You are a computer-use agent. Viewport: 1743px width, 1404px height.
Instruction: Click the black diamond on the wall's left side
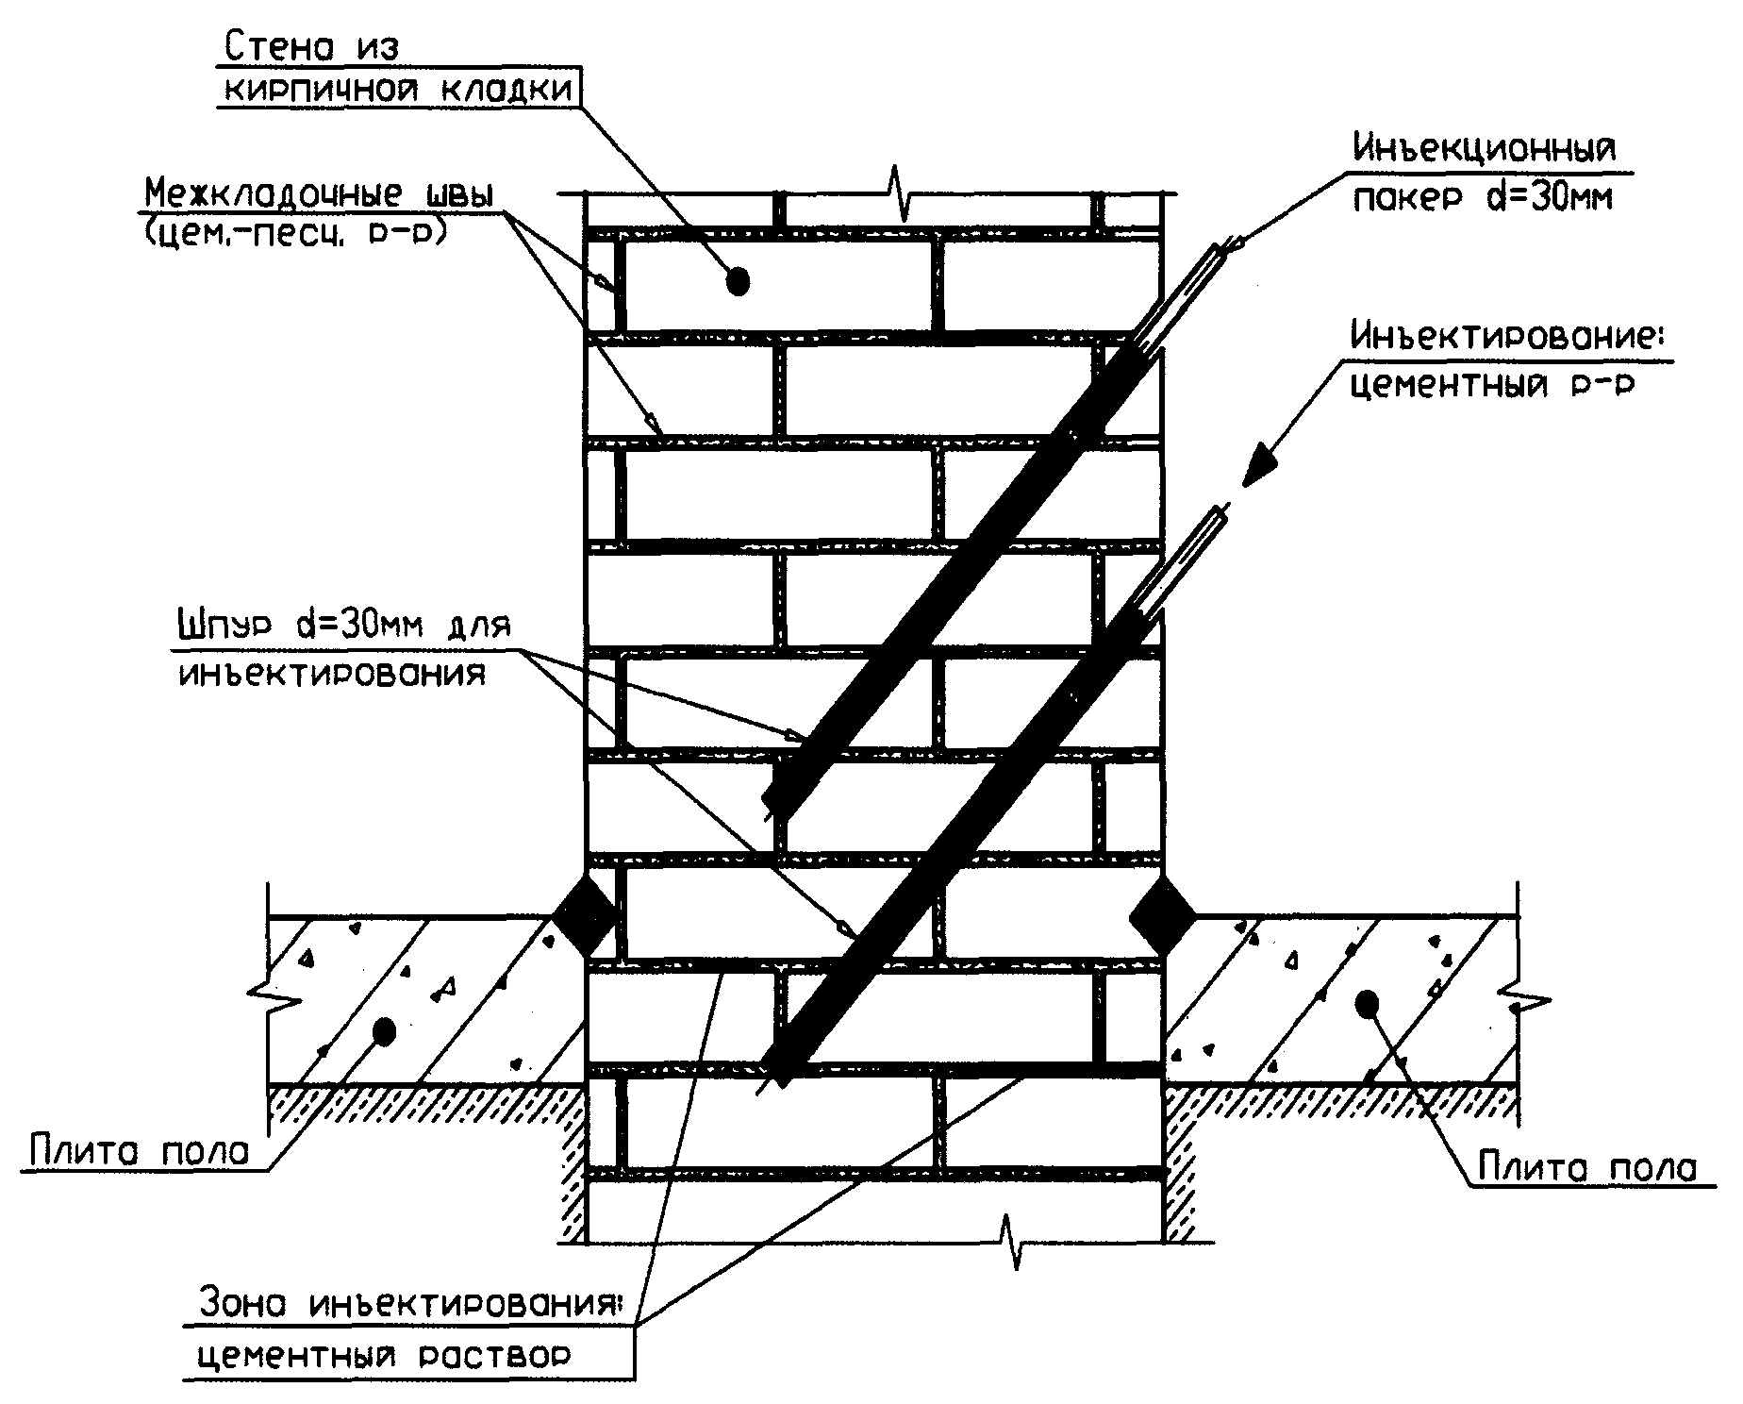point(584,915)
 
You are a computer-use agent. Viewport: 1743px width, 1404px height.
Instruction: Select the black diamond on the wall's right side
point(1162,915)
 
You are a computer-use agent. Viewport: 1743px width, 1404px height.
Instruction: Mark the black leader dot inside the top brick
point(738,280)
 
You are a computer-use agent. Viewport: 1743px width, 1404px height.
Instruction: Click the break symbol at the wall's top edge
point(898,194)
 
